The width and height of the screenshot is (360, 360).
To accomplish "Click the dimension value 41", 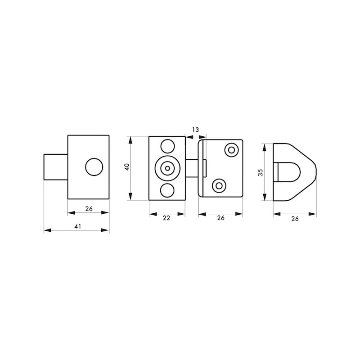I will click(77, 226).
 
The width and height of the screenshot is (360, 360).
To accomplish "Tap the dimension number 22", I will click(166, 218).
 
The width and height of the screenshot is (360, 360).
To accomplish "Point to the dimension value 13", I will click(195, 130).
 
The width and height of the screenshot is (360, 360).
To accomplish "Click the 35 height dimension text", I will click(260, 173).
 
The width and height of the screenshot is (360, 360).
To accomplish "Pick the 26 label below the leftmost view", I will click(88, 208).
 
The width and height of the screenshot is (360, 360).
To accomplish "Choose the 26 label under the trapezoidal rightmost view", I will click(295, 219).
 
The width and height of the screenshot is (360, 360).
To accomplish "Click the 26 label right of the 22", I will click(220, 218).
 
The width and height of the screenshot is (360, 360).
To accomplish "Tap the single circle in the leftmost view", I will click(94, 167).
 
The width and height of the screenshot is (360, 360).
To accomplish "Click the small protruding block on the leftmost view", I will click(55, 167).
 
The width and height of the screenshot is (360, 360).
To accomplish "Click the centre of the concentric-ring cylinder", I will click(167, 168).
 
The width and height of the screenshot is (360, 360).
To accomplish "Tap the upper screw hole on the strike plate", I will click(232, 150).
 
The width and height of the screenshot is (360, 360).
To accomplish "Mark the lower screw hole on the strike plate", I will click(219, 185).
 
